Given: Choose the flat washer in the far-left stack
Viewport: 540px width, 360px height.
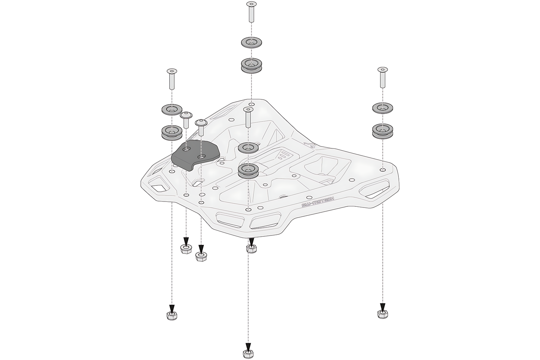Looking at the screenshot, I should point(172,110).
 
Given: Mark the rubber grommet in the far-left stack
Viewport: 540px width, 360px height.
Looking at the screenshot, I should point(172,133).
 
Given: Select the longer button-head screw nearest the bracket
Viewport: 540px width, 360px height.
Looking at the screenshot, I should point(201,127).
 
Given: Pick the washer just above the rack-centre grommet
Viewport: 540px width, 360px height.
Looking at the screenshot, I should point(249,148).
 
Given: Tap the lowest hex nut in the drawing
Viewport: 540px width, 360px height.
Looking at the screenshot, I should point(247,353).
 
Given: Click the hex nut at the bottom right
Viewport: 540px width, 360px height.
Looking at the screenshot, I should point(383,314).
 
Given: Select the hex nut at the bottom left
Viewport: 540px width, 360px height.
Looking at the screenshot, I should point(172,316).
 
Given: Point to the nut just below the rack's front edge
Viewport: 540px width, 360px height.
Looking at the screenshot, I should point(252,248).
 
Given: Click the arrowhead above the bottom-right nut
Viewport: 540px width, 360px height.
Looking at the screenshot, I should point(383,306).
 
